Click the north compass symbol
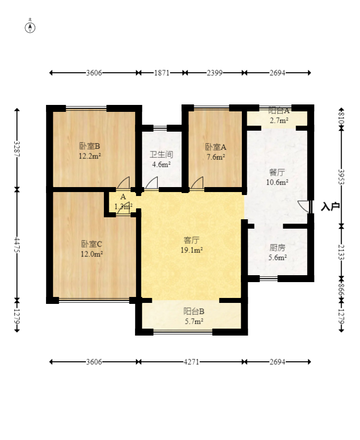pos(30,28)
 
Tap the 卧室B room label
pos(90,146)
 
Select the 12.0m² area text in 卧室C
pos(91,254)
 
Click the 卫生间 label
pos(161,154)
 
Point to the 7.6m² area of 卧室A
pos(216,157)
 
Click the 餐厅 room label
pos(277,172)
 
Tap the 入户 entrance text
pos(330,206)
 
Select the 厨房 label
pos(277,248)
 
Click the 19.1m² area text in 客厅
pos(192,250)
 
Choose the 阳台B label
pos(194,311)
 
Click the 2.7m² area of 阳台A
pos(279,120)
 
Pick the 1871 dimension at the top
pos(162,73)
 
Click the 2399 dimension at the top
pos(215,73)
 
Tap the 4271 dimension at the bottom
pos(191,362)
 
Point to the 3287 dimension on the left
pos(17,149)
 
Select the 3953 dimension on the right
pos(341,177)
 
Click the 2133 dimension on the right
pos(341,252)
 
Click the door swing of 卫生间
pos(151,183)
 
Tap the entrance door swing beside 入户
pos(304,206)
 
